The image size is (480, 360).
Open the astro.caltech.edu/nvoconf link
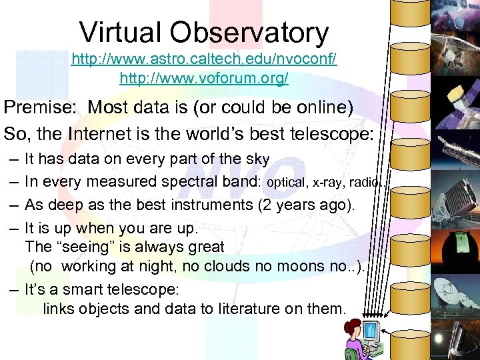pyautogui.click(x=204, y=59)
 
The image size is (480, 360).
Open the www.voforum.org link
pyautogui.click(x=204, y=78)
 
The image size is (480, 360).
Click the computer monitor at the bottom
pyautogui.click(x=371, y=331)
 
